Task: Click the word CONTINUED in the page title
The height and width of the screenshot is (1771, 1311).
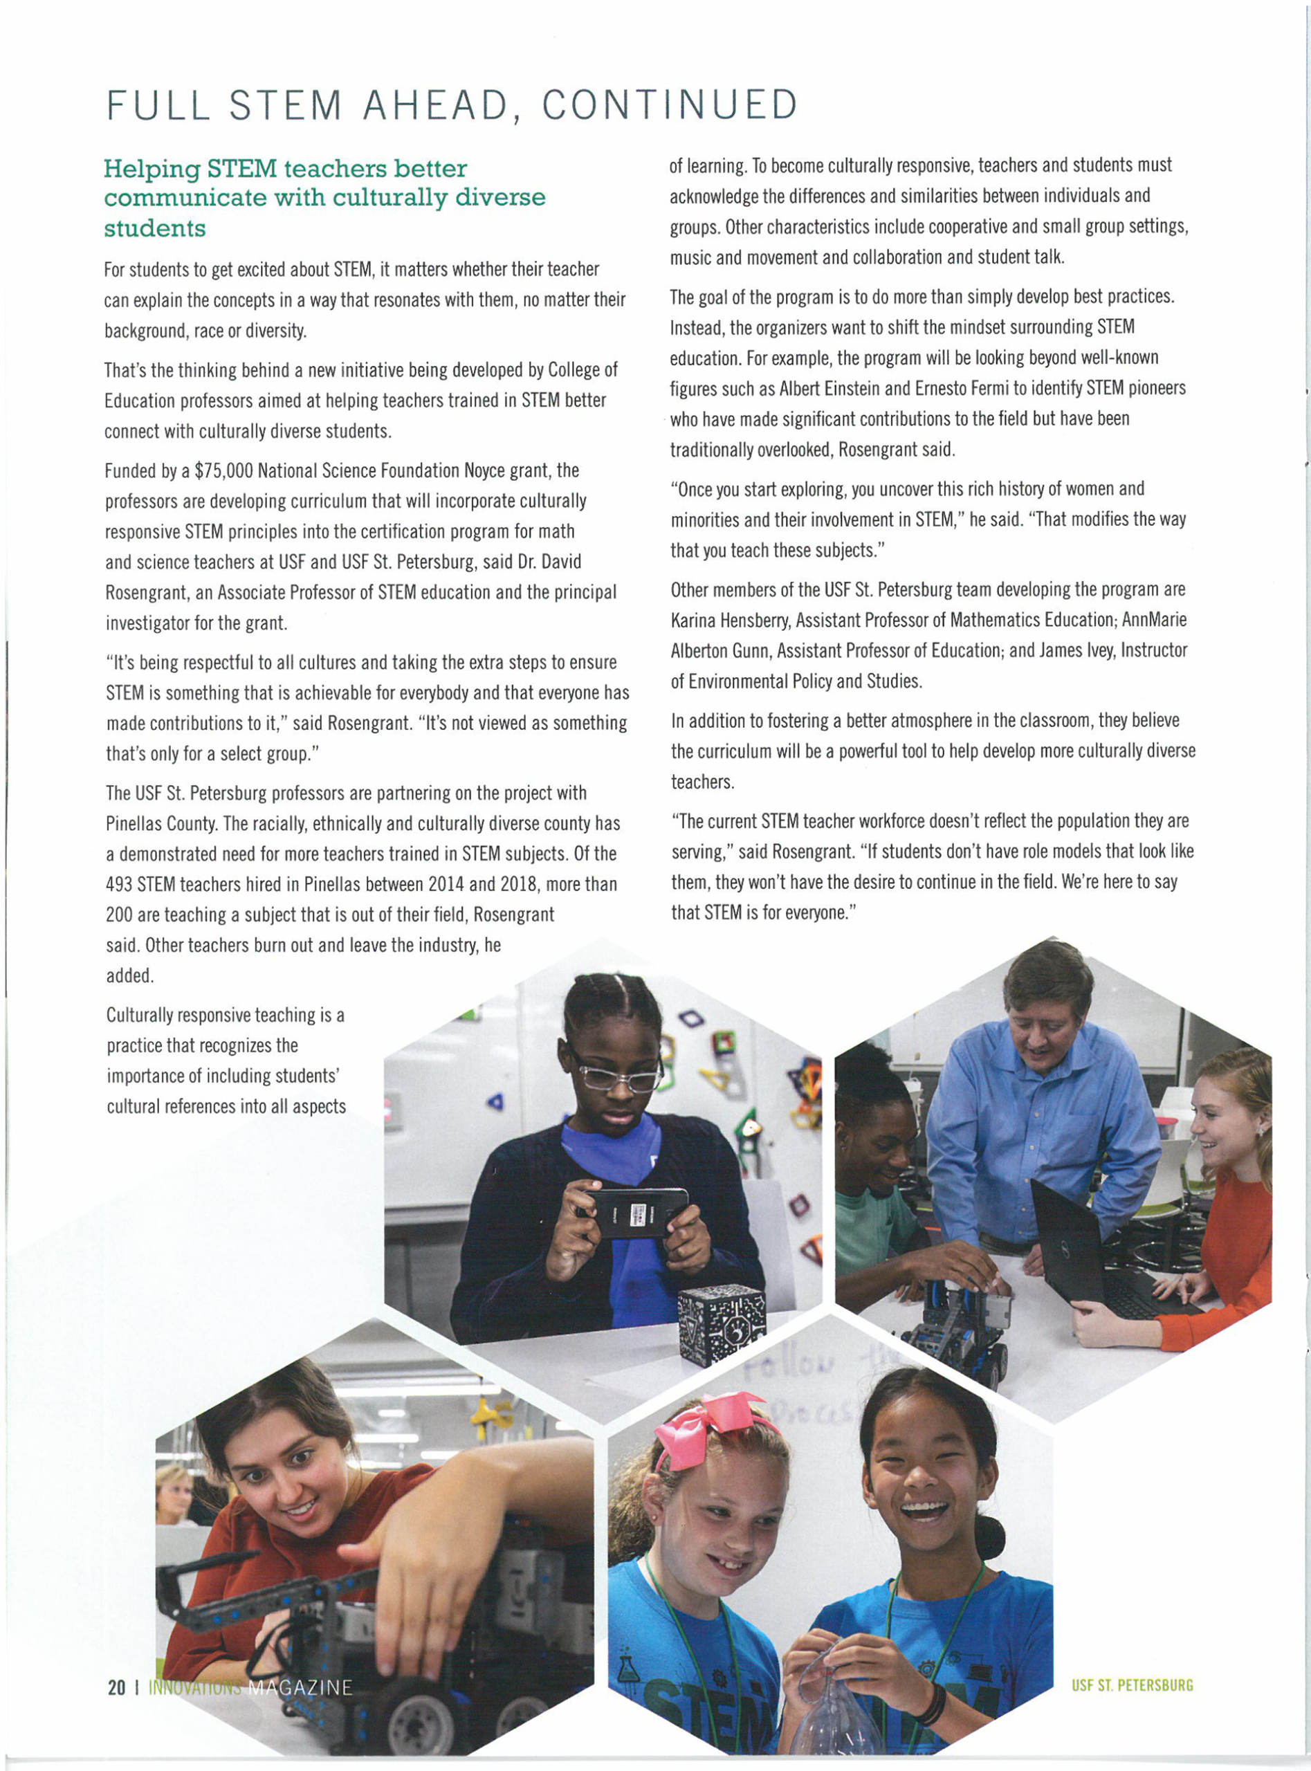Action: [669, 104]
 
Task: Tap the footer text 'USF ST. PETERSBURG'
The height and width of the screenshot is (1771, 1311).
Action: [1132, 1685]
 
